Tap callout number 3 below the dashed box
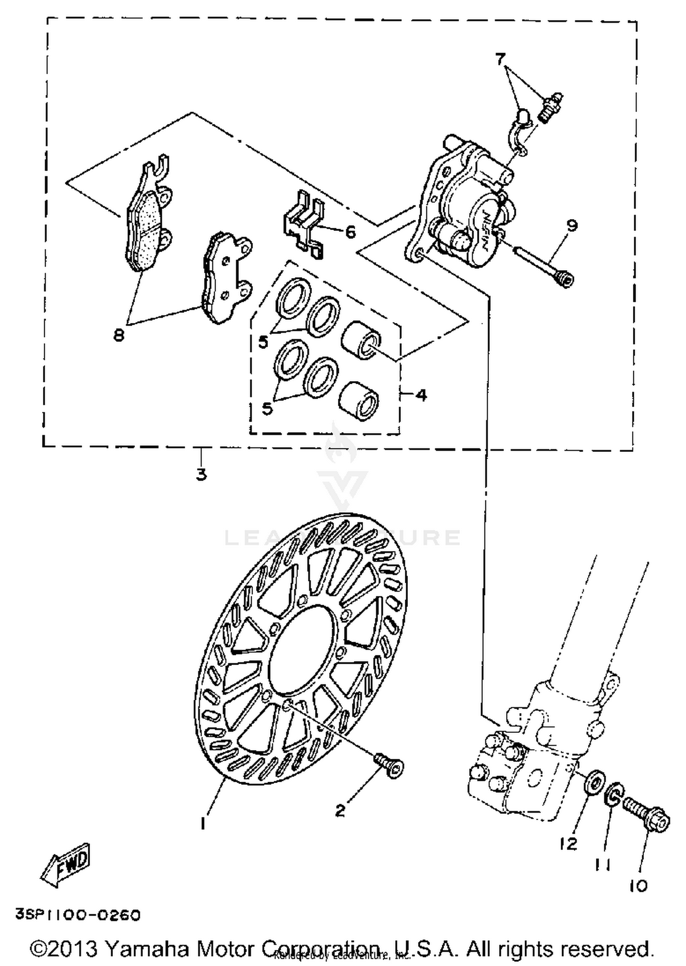coord(202,474)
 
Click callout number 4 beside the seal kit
coord(421,394)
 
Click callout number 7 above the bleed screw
coord(500,59)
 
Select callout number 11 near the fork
coord(603,862)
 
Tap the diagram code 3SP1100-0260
coord(78,915)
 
